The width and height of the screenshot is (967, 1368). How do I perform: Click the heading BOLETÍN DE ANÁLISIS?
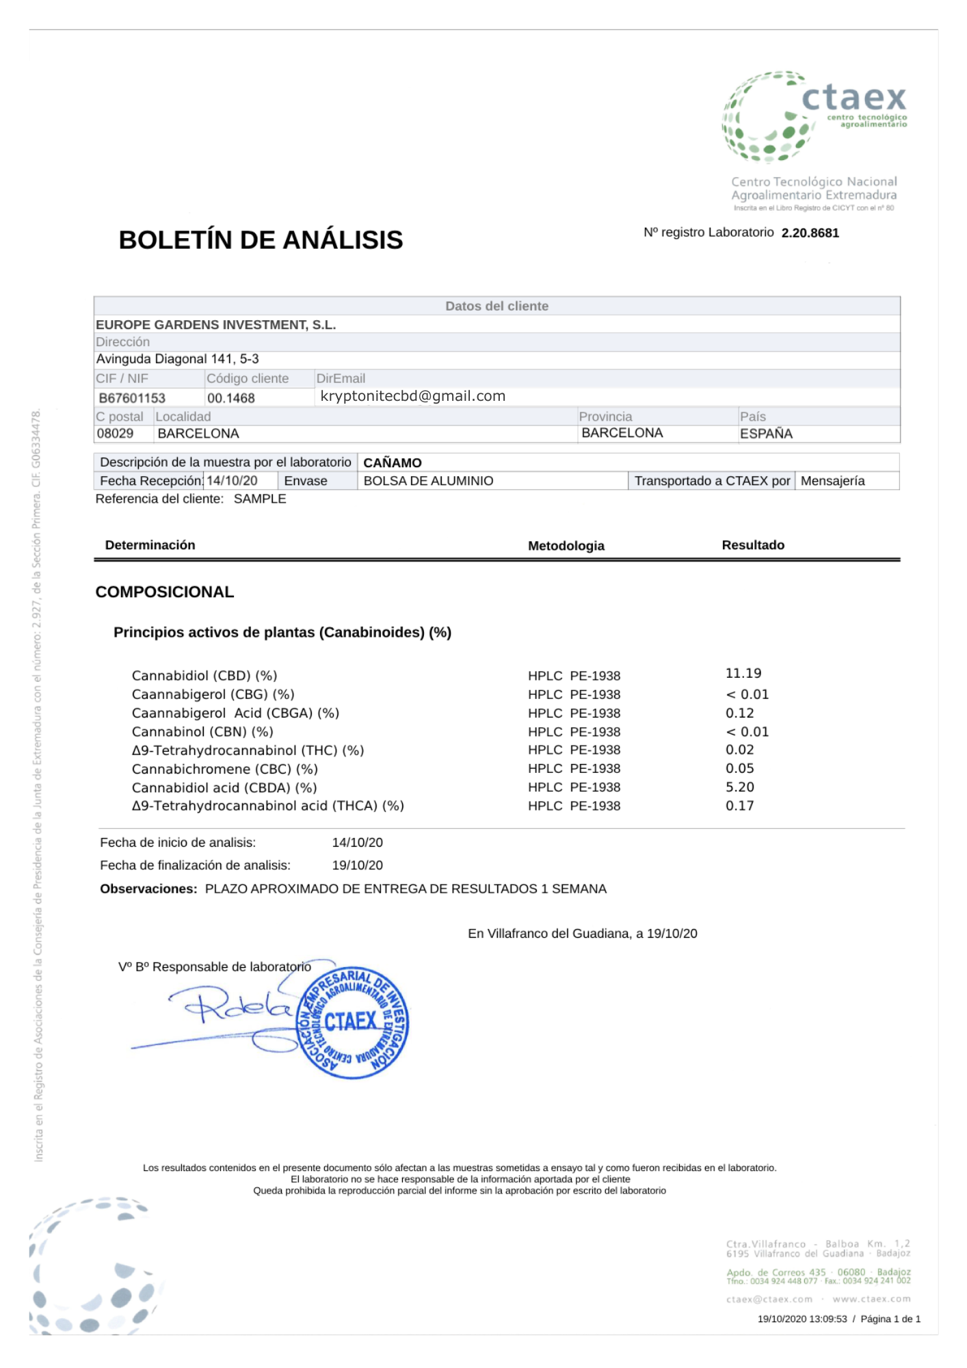[x=261, y=240]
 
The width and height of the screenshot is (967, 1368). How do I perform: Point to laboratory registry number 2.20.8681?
[x=810, y=233]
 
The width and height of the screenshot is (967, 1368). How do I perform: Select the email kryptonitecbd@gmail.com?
[x=412, y=396]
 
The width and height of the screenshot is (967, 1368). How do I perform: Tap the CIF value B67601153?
[x=132, y=398]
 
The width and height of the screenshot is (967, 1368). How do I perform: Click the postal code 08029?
[x=115, y=434]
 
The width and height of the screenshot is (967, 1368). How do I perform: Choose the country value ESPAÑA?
[x=766, y=434]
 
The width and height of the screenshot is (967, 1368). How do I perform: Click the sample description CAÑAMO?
[x=392, y=463]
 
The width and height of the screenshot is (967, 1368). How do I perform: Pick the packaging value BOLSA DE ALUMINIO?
[x=428, y=481]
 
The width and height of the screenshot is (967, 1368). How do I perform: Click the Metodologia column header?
[x=566, y=546]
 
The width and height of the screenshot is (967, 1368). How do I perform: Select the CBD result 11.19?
[x=743, y=674]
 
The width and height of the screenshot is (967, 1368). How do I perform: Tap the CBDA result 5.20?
[x=740, y=787]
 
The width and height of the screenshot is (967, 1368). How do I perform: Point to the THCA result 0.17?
[x=740, y=806]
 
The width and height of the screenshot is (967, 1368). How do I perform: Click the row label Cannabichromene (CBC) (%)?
[x=224, y=769]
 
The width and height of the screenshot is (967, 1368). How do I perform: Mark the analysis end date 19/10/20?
[x=357, y=865]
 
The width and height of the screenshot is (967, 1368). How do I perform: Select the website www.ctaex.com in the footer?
[x=871, y=1299]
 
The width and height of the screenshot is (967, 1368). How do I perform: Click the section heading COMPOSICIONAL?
[x=164, y=592]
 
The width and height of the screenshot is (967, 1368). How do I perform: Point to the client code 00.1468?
[x=231, y=398]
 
